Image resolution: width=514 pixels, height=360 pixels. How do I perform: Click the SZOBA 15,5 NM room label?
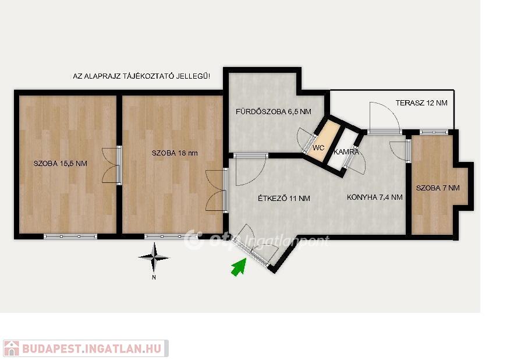coord(61,164)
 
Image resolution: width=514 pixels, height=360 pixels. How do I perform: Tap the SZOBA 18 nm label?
coord(175,153)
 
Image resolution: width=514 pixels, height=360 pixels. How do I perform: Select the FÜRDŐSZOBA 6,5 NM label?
coord(274,112)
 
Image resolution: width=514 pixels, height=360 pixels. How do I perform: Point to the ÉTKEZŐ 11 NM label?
coord(284,198)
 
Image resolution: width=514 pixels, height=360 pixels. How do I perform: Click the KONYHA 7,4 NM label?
coord(375,197)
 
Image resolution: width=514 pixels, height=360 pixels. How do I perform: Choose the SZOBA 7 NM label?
coord(438,188)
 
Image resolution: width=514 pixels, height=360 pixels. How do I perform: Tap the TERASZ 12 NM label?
coord(421,103)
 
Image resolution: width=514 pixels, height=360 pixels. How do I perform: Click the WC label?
coord(318,148)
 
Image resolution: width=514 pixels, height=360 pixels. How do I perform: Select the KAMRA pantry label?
coord(346,152)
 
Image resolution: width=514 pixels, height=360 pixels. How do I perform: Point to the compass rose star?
coord(154,257)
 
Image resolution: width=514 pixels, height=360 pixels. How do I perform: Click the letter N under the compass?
coord(154,278)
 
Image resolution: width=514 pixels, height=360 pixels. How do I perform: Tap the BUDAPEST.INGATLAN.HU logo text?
coord(92,348)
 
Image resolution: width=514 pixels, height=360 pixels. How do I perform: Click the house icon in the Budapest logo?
coord(11,348)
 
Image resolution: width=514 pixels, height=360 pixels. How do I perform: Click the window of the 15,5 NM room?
coord(70,237)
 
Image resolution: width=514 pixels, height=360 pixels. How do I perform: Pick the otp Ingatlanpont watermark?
coord(256,240)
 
